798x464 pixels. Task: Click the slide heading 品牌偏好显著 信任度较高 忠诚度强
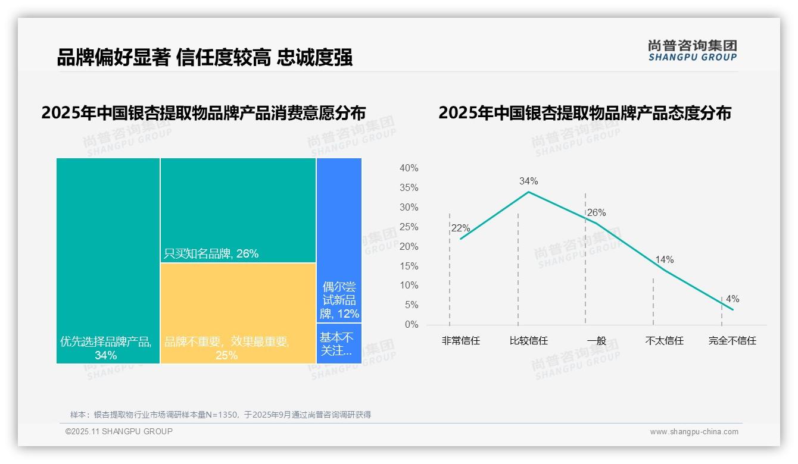(204, 57)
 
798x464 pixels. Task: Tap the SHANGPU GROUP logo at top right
(692, 51)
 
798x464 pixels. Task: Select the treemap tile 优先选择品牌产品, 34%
(108, 261)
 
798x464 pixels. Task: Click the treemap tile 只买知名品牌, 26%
(238, 210)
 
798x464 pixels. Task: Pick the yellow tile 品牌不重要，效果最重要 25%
(238, 313)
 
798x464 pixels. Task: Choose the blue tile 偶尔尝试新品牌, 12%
(339, 240)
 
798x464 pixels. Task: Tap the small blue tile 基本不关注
(339, 343)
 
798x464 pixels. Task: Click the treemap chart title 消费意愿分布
(203, 112)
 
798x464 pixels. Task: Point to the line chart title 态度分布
(584, 112)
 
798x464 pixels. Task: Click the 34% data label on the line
(528, 181)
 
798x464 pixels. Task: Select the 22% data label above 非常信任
(460, 228)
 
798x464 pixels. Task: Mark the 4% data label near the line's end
(732, 299)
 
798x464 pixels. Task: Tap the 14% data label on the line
(664, 259)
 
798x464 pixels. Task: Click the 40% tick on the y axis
(409, 168)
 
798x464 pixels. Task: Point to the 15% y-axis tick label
(409, 266)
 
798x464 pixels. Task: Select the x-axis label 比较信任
(528, 341)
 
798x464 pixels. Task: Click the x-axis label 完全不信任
(732, 341)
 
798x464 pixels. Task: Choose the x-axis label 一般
(596, 341)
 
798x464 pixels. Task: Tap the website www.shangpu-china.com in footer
(694, 432)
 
